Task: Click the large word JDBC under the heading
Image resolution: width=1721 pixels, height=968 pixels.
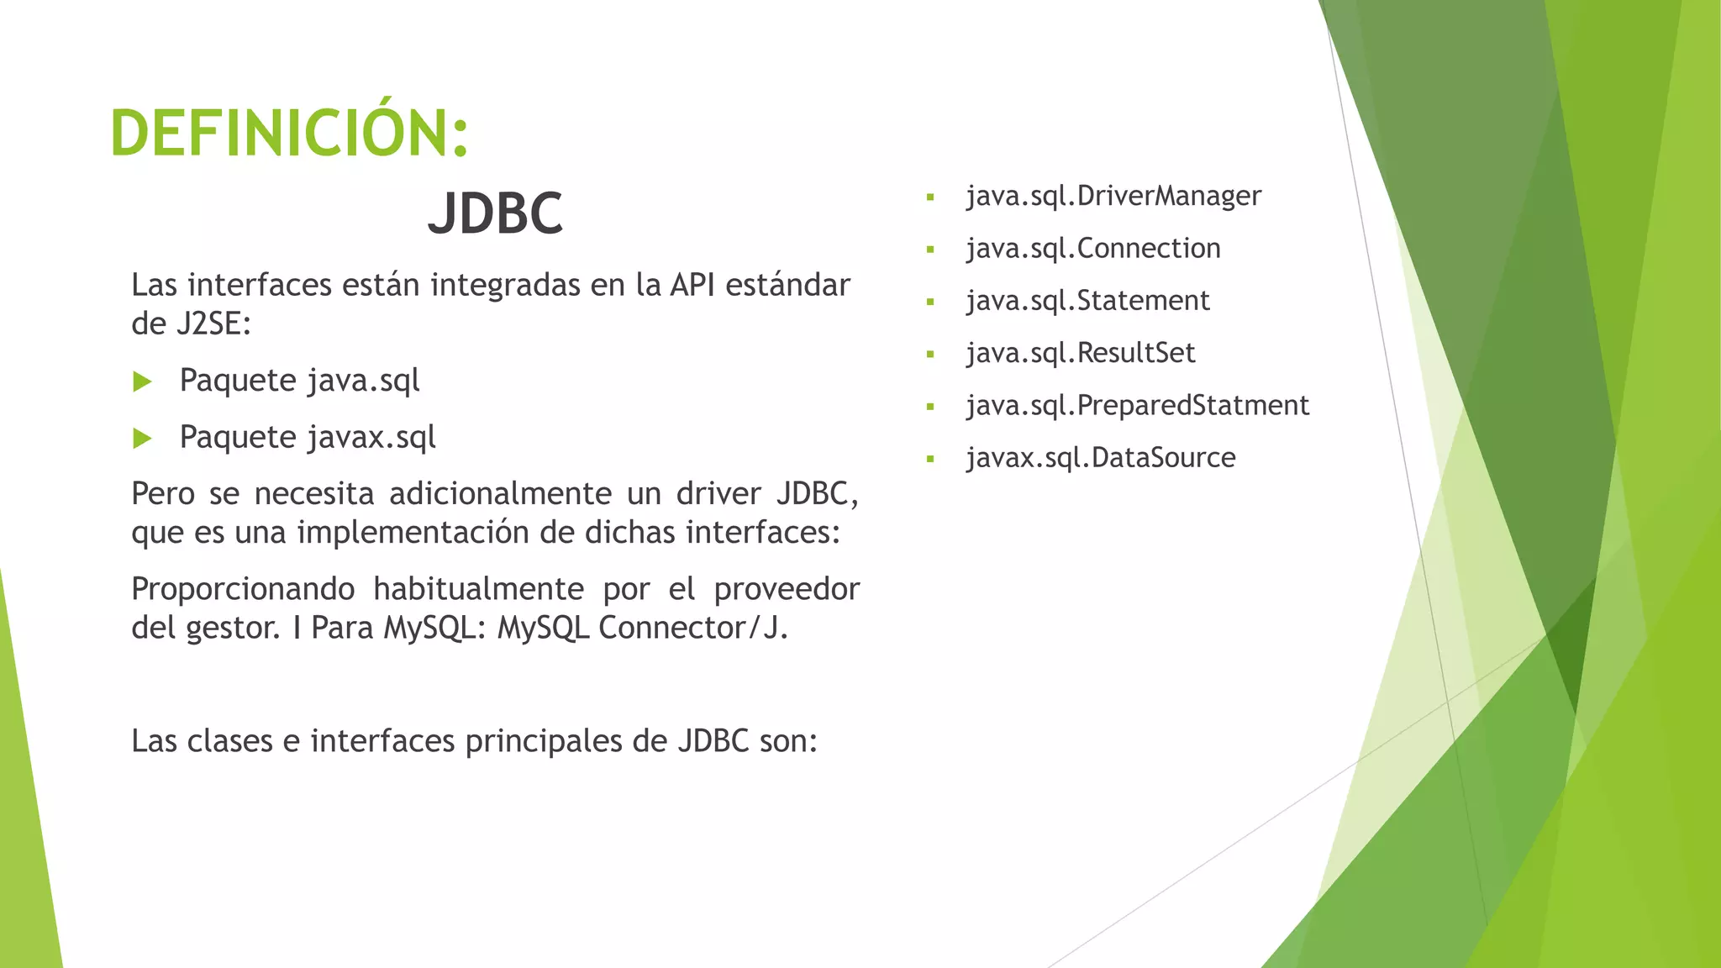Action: (495, 213)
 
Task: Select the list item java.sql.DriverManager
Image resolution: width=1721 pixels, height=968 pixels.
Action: (1113, 196)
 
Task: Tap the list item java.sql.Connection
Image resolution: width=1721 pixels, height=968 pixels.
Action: (1092, 249)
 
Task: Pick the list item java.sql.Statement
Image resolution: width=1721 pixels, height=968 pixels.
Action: (1087, 301)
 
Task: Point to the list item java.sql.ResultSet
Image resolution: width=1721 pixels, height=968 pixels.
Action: (1080, 353)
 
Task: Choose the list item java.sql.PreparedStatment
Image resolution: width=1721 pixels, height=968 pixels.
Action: (1137, 406)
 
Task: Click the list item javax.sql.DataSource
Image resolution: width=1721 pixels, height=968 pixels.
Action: (1100, 458)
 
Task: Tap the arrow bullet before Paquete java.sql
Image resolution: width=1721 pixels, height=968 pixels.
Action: (142, 382)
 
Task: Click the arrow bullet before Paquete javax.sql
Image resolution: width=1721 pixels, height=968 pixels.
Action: (142, 439)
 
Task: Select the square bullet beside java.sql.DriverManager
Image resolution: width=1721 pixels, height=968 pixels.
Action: (930, 198)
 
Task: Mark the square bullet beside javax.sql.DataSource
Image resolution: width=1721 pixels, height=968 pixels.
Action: (930, 460)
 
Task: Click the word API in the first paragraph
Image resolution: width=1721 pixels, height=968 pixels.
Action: (692, 286)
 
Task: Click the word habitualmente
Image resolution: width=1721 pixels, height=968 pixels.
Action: (478, 589)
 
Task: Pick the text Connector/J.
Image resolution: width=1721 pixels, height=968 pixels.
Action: (693, 628)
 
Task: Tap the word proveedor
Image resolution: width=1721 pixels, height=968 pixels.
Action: (787, 589)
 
